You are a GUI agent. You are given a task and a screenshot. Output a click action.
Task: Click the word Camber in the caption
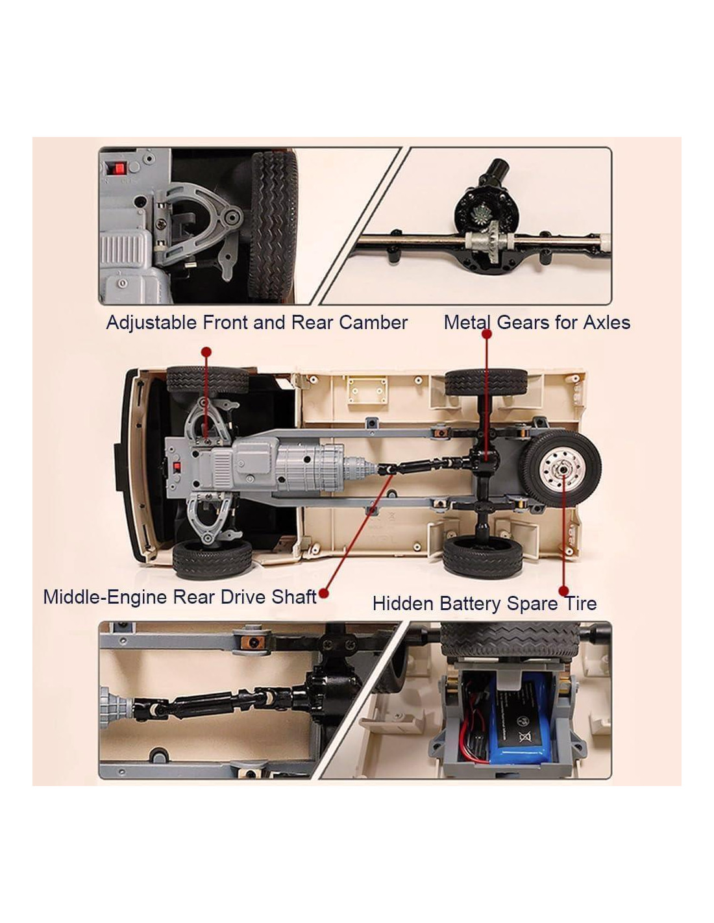pyautogui.click(x=373, y=323)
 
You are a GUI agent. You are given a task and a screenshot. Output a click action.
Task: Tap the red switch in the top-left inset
pyautogui.click(x=120, y=168)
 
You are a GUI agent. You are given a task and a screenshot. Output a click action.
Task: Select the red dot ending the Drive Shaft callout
pyautogui.click(x=324, y=593)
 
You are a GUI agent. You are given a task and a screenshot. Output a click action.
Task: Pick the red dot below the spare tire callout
pyautogui.click(x=563, y=591)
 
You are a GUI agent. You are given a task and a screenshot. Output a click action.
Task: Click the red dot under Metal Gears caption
pyautogui.click(x=487, y=334)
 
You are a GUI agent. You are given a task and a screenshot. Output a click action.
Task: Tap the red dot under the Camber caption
pyautogui.click(x=206, y=352)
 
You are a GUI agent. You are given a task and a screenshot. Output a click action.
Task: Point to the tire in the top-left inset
pyautogui.click(x=273, y=226)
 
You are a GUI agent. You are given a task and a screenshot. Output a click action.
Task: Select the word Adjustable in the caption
pyautogui.click(x=152, y=323)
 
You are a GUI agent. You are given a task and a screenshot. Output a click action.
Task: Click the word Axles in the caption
pyautogui.click(x=606, y=323)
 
